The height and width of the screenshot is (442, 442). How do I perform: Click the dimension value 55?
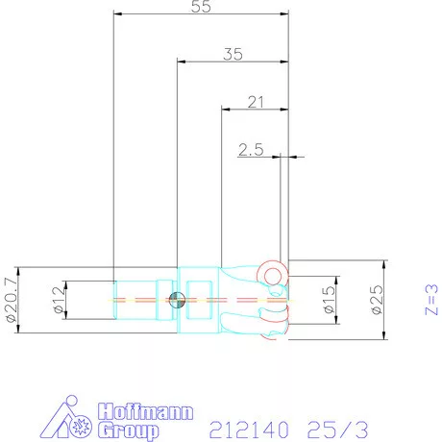[201, 6]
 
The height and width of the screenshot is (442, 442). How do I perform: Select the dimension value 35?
[232, 54]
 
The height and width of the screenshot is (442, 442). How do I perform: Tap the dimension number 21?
[255, 101]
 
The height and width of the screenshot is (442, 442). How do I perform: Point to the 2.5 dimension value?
[251, 149]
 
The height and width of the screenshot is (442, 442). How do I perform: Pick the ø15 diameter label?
[329, 299]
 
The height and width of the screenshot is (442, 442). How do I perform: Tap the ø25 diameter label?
[376, 299]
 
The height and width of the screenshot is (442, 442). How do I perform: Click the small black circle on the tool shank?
[176, 300]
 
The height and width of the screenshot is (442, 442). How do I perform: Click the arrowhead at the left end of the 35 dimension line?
[180, 62]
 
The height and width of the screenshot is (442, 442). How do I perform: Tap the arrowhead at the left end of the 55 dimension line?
[116, 14]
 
